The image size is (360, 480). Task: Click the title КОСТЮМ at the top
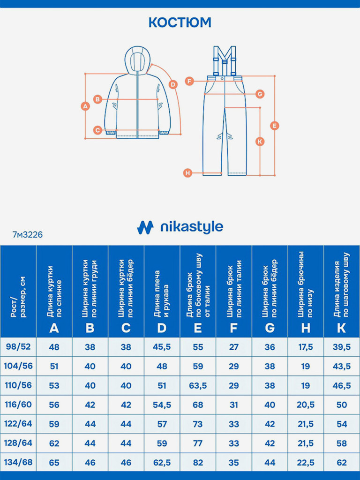[x=180, y=22]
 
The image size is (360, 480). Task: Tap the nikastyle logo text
[x=191, y=228]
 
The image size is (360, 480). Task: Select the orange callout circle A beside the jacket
[x=85, y=106]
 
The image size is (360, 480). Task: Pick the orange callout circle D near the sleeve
[x=173, y=84]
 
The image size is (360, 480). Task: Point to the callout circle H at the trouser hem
[x=187, y=173]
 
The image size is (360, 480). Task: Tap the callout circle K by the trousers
[x=260, y=141]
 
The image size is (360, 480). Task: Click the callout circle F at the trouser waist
[x=189, y=81]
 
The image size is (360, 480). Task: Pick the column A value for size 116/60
[x=54, y=405]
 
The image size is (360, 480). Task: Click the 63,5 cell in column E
[x=198, y=385]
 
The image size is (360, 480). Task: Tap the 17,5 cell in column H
[x=306, y=347]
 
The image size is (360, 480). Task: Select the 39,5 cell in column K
[x=342, y=347]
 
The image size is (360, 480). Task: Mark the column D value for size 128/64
[x=162, y=443]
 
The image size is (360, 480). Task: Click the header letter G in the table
[x=270, y=328]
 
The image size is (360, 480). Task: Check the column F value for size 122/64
[x=233, y=424]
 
